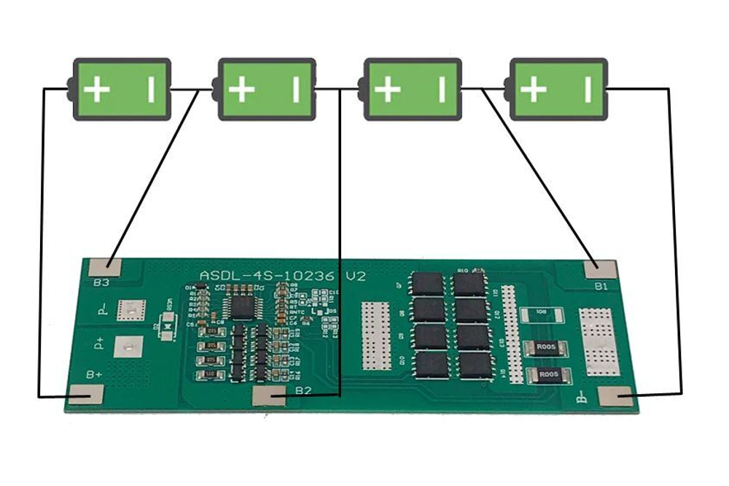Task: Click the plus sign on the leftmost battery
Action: [96, 91]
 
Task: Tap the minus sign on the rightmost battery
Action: [588, 90]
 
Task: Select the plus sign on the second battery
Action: [241, 91]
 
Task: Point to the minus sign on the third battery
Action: [442, 90]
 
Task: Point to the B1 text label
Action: [601, 287]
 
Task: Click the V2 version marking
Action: [356, 277]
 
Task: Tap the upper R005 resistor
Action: [543, 348]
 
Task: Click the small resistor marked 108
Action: [543, 314]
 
